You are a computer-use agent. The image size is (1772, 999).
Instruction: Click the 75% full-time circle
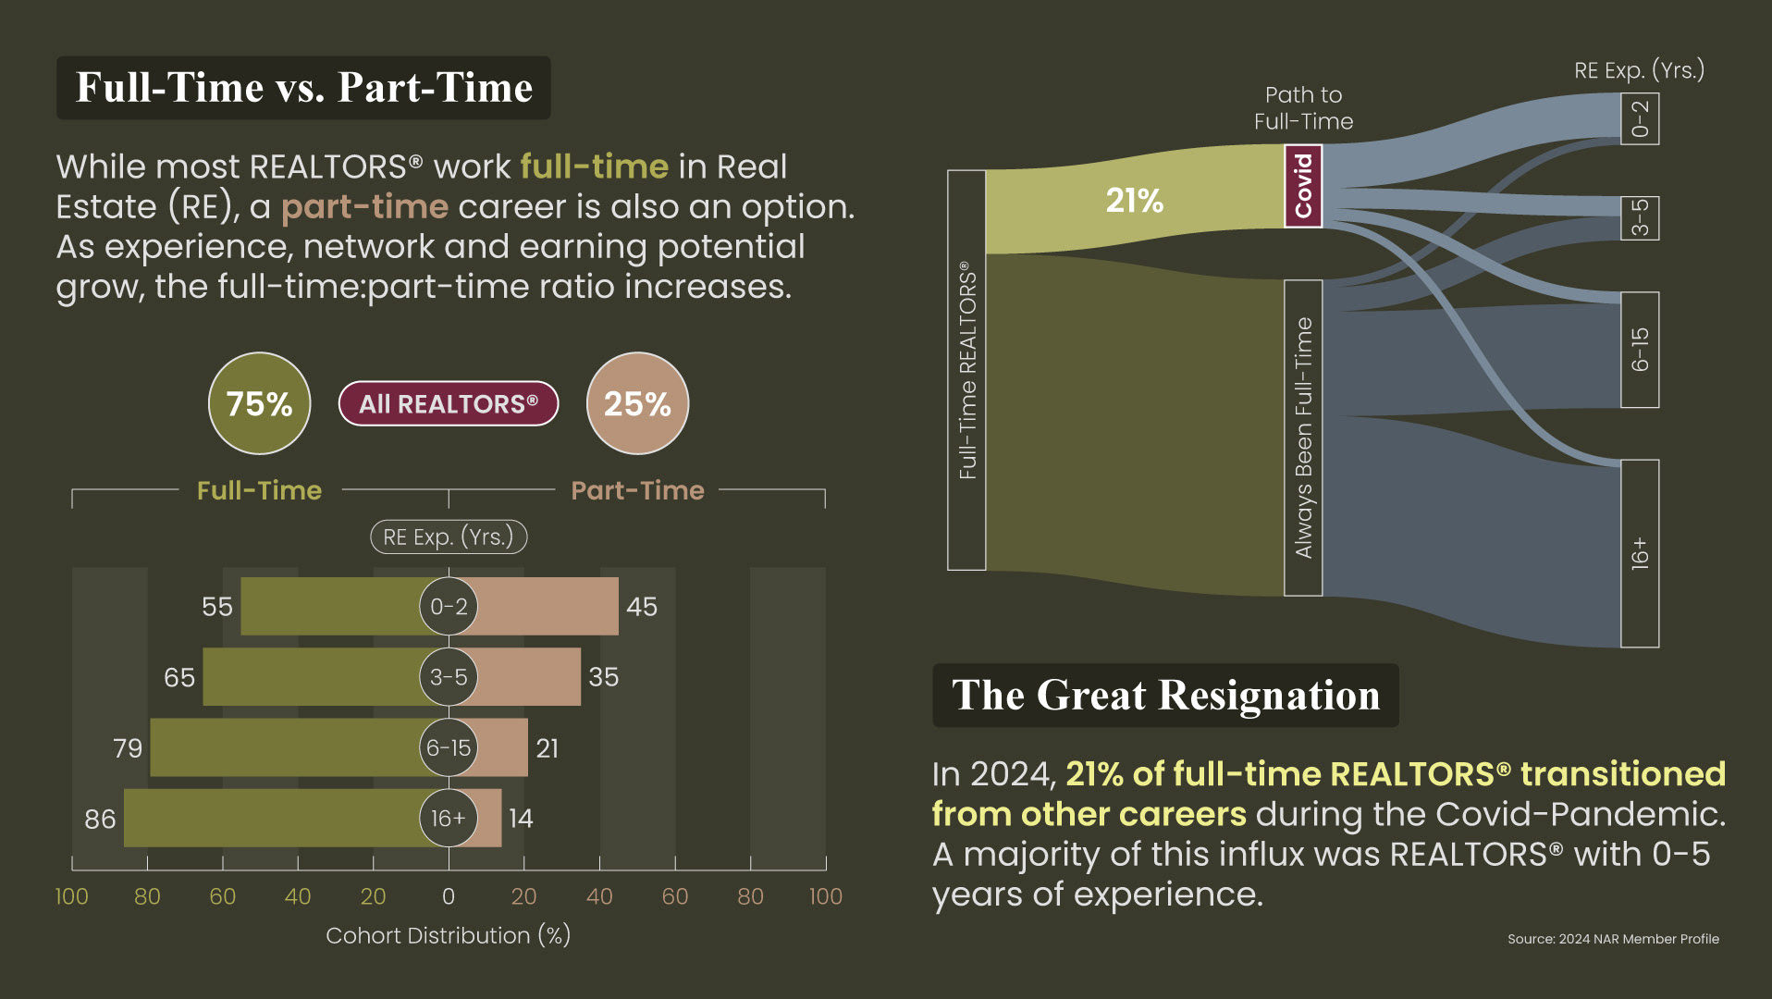coord(259,403)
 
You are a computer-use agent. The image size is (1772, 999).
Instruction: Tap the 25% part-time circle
coord(637,403)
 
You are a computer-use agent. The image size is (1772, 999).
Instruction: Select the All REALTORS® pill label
coord(449,403)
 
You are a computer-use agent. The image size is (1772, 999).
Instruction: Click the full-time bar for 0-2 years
coord(331,607)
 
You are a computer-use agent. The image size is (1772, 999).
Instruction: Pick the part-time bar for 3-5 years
coord(528,677)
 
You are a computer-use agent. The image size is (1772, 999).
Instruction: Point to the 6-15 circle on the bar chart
coord(449,747)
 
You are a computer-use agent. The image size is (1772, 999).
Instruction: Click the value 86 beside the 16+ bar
coord(100,819)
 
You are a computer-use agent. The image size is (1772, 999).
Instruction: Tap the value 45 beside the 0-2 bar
coord(642,607)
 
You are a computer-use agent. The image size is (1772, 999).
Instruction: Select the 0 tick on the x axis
coord(449,896)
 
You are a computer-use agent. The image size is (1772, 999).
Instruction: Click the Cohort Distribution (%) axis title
coord(449,936)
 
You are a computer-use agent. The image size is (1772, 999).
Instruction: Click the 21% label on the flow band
coord(1135,201)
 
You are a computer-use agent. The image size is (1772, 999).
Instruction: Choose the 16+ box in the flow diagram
coord(1640,553)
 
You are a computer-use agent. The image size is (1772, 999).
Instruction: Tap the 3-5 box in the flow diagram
coord(1640,218)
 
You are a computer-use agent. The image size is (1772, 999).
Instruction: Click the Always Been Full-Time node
coord(1303,438)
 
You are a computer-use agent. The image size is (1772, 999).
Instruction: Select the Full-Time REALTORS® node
coord(966,370)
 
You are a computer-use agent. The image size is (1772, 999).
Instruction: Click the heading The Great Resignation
coord(1165,695)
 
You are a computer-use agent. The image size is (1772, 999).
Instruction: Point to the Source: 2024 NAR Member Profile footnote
coord(1613,939)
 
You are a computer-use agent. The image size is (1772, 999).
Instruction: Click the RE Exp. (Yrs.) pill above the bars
coord(449,536)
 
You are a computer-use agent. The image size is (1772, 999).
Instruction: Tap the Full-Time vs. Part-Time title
coord(303,88)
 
